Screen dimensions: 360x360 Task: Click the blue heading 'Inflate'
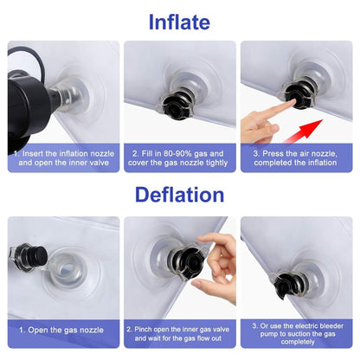[179, 22]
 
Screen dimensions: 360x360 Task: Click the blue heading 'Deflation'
[179, 195]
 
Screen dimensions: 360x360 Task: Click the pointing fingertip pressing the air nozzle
[292, 103]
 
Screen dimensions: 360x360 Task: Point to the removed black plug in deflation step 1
[31, 257]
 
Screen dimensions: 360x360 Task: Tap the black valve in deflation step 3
[289, 284]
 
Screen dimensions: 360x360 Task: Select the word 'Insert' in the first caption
[33, 153]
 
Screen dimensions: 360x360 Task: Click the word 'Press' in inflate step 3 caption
[273, 153]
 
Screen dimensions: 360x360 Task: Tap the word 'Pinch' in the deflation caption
[144, 329]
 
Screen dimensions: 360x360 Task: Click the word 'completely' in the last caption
[298, 342]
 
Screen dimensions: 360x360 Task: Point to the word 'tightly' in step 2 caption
[216, 163]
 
